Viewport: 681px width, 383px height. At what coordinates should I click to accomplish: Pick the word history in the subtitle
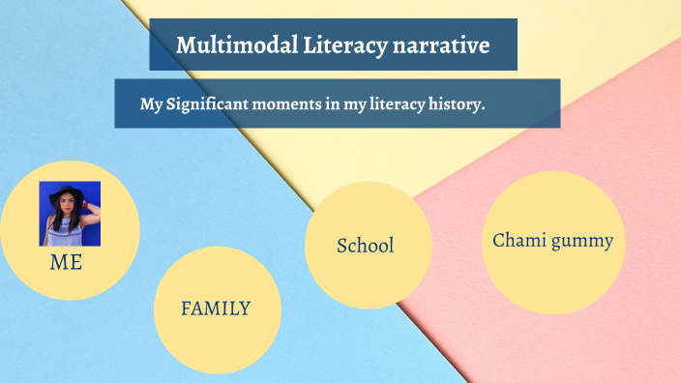(x=454, y=104)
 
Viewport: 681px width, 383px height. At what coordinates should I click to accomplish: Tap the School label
(x=365, y=246)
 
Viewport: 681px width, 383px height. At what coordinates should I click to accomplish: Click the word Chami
(x=520, y=241)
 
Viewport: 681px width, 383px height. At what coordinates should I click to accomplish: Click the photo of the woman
(x=70, y=213)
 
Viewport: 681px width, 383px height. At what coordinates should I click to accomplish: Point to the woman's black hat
(x=70, y=191)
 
